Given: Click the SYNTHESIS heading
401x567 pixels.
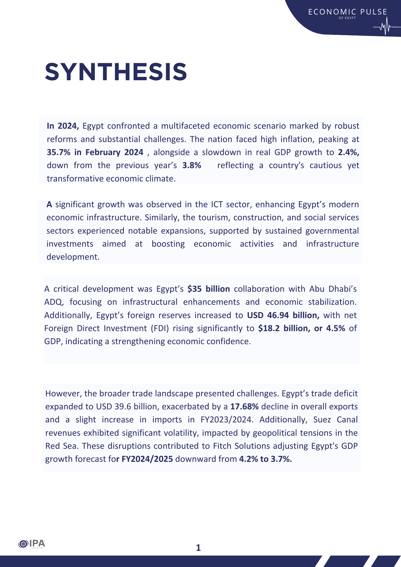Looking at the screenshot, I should pyautogui.click(x=116, y=72).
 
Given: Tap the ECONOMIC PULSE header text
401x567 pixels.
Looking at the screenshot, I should pyautogui.click(x=348, y=12).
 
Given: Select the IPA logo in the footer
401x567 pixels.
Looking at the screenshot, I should pyautogui.click(x=32, y=544).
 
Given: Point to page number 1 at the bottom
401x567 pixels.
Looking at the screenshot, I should pyautogui.click(x=199, y=548).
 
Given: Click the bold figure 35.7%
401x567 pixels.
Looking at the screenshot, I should pyautogui.click(x=58, y=152).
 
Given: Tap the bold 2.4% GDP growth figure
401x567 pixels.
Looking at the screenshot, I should pyautogui.click(x=349, y=152).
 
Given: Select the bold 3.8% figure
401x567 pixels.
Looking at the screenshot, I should pyautogui.click(x=192, y=165).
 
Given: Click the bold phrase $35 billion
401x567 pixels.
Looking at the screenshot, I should pyautogui.click(x=208, y=289).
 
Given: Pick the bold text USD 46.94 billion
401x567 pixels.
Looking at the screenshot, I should pyautogui.click(x=283, y=315).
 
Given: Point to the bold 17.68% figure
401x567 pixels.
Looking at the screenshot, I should pyautogui.click(x=244, y=407).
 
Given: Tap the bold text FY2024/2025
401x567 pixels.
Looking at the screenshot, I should pyautogui.click(x=147, y=459).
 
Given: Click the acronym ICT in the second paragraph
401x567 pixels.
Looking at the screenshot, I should pyautogui.click(x=217, y=204).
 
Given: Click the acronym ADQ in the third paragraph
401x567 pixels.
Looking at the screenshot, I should pyautogui.click(x=53, y=302).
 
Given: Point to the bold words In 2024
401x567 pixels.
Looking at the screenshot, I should pyautogui.click(x=63, y=126).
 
